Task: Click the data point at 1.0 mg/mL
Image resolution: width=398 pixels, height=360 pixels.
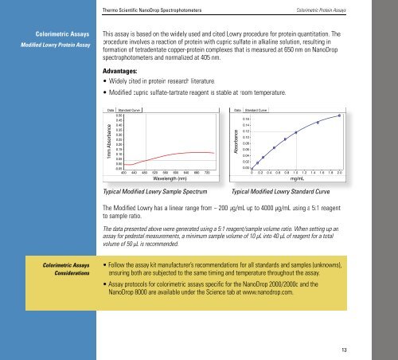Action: [x=295, y=133]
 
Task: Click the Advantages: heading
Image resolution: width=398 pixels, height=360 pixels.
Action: [x=115, y=70]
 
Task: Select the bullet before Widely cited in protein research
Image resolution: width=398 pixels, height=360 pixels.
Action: [x=96, y=81]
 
